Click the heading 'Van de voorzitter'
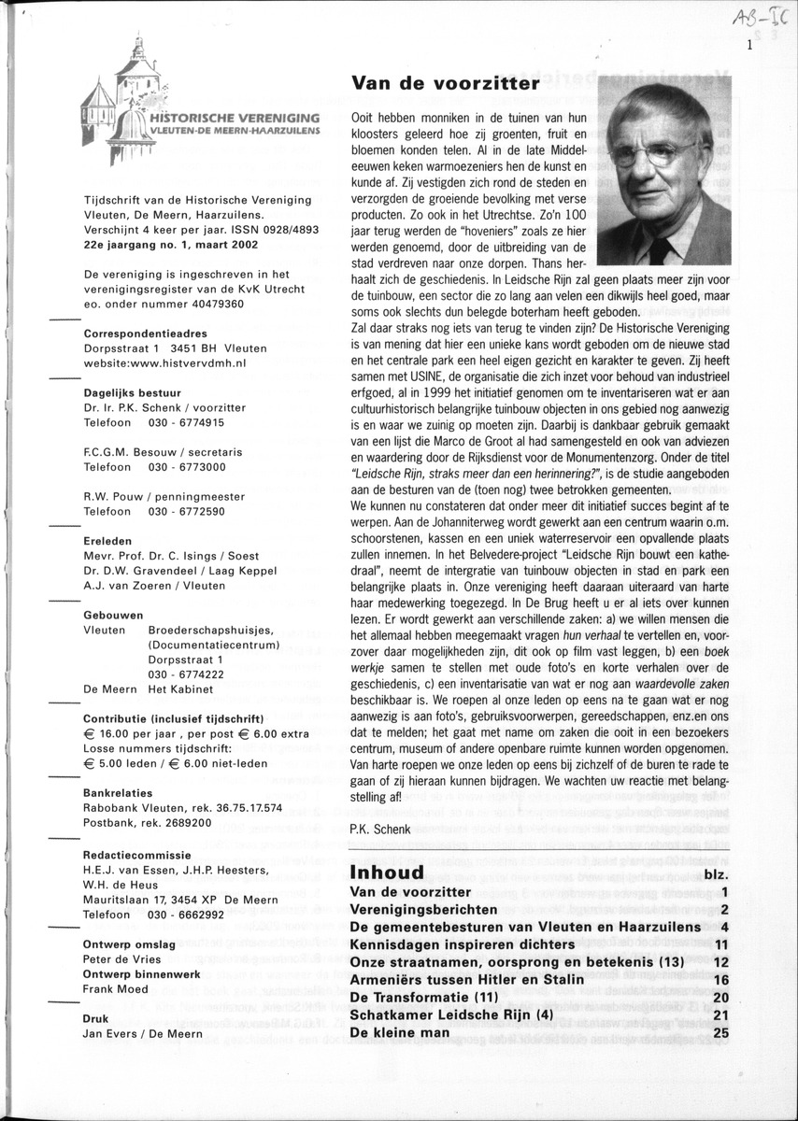tap(445, 84)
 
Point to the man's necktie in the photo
tap(662, 248)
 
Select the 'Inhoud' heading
tap(386, 873)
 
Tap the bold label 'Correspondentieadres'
tap(146, 333)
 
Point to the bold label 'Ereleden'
tap(107, 540)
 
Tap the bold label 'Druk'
tap(97, 1018)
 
